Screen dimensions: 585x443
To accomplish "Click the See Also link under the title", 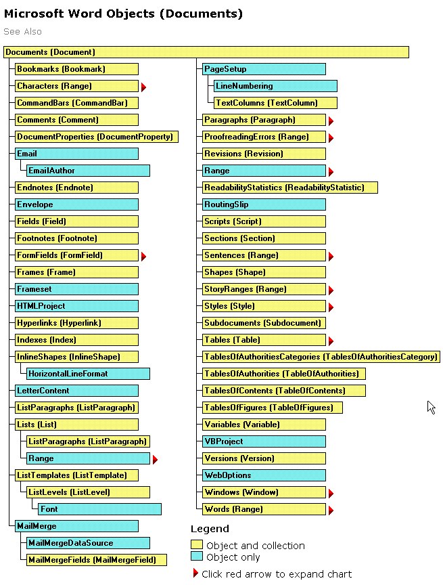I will click(x=22, y=32).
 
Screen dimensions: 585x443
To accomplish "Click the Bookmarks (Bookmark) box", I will click(x=76, y=69).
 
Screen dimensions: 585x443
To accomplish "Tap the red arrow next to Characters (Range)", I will click(x=143, y=87).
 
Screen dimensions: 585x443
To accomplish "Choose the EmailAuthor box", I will click(x=88, y=171).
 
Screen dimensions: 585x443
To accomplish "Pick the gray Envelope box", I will click(x=76, y=204).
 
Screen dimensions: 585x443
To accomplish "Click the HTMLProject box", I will click(x=76, y=306).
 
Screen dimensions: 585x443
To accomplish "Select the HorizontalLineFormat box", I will click(x=88, y=374).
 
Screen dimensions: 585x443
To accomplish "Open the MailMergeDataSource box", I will click(x=88, y=543).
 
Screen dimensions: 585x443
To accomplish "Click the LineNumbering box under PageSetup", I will click(x=275, y=86).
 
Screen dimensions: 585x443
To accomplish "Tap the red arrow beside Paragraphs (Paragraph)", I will click(x=331, y=121).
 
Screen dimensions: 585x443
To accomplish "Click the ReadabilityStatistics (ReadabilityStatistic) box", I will click(x=290, y=188).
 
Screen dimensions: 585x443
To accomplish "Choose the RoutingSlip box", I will click(x=264, y=204).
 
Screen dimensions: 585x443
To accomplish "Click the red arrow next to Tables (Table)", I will click(x=331, y=341).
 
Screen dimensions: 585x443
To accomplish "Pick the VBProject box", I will click(x=264, y=441).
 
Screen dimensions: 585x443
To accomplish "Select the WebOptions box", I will click(x=264, y=475).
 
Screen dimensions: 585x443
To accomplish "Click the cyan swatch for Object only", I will click(x=197, y=557).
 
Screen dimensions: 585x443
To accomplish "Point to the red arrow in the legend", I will click(x=195, y=573).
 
